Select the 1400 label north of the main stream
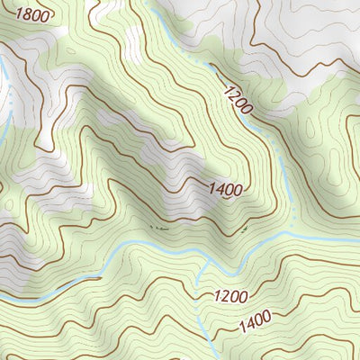[224, 189]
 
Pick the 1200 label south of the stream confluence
[231, 295]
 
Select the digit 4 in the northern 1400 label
[218, 188]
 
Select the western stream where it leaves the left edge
[3, 295]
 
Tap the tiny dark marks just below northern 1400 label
[158, 229]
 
